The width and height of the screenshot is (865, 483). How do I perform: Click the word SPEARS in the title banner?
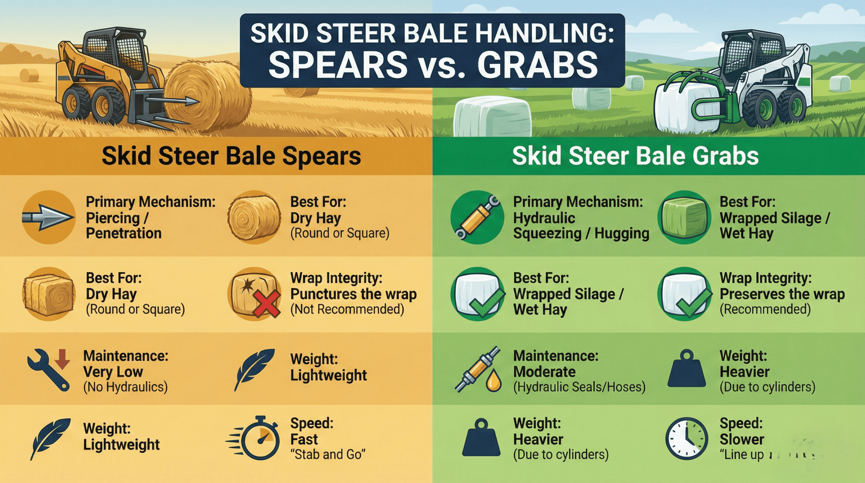coord(338,65)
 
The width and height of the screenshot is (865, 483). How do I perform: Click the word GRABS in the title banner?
coord(537,65)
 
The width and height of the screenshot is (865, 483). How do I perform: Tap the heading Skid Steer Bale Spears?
coord(231,156)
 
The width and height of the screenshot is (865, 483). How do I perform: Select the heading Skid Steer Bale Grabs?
coord(635,156)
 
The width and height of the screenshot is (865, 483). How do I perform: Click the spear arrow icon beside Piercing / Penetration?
coord(48,217)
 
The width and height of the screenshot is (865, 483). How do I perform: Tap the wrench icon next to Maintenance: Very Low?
coord(49,369)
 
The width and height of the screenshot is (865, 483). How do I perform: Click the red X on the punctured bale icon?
coord(268,303)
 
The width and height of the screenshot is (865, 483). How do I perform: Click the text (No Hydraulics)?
coord(125,387)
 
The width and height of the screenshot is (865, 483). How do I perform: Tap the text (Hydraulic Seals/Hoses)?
coord(579,387)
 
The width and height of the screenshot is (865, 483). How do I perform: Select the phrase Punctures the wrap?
coord(354,294)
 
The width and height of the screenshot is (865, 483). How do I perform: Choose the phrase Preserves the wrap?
coord(782,294)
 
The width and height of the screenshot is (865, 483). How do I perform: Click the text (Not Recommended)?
coord(347,309)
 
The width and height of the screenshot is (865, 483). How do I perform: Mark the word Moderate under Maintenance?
coord(544,372)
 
